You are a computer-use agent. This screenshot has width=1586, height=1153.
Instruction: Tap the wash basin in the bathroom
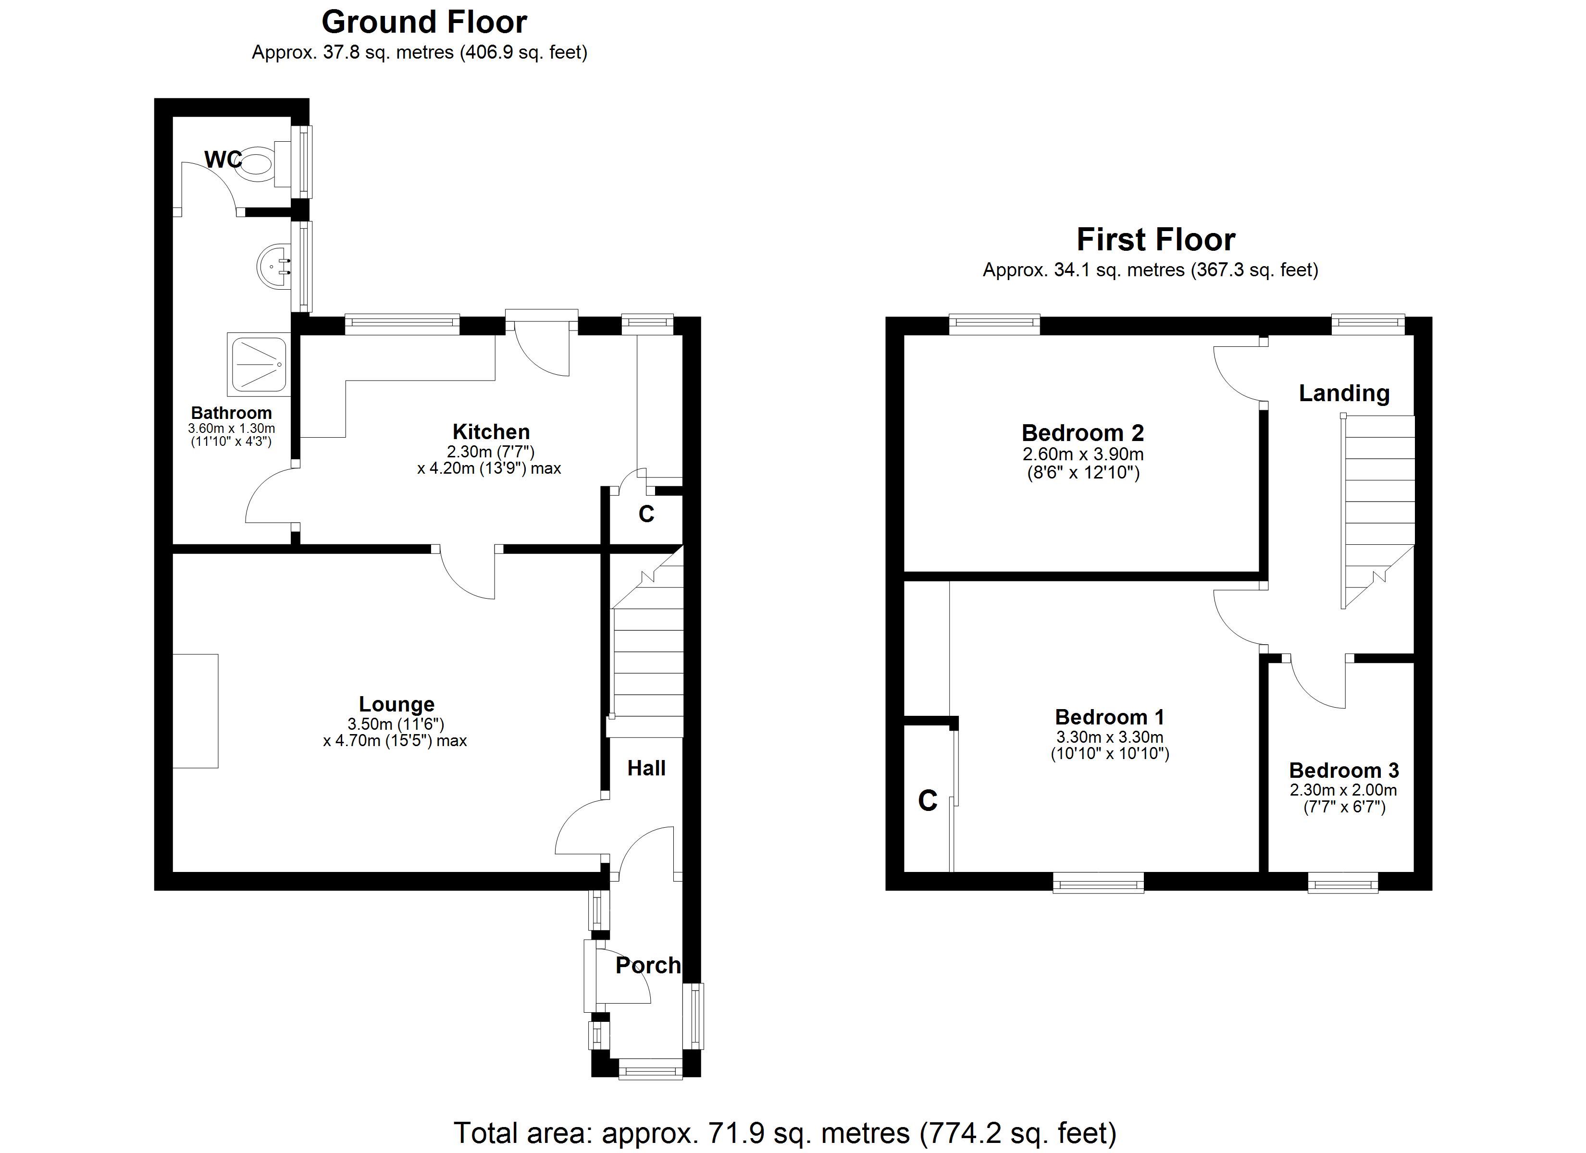(x=274, y=267)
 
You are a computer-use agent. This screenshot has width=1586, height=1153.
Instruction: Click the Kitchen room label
(x=491, y=431)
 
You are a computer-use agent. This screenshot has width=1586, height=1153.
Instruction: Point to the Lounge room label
(x=396, y=704)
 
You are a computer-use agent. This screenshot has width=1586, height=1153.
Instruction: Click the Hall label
(x=646, y=769)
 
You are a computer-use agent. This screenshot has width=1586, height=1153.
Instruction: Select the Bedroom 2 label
(x=1082, y=433)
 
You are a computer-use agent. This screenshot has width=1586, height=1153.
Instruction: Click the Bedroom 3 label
(x=1343, y=771)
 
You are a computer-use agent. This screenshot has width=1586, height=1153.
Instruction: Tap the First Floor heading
(x=1156, y=240)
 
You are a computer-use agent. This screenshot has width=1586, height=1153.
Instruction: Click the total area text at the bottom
(x=785, y=1133)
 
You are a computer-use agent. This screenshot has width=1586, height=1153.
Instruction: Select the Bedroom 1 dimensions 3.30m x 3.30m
(x=1110, y=737)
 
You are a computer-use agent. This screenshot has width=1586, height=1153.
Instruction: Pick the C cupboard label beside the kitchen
(x=646, y=515)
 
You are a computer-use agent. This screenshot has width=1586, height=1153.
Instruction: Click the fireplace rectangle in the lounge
(x=195, y=711)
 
